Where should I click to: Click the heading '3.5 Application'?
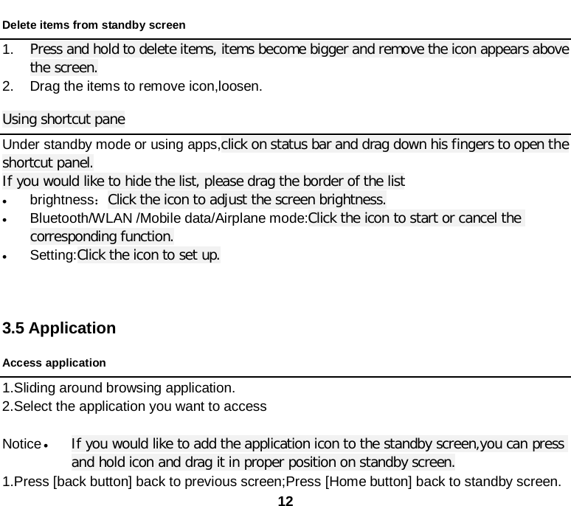[59, 327]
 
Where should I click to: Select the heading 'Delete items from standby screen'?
[94, 24]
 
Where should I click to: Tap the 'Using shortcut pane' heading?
[63, 119]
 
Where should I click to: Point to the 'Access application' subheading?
[54, 363]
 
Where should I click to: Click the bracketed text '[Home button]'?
[358, 482]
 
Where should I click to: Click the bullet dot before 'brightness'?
[5, 201]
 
